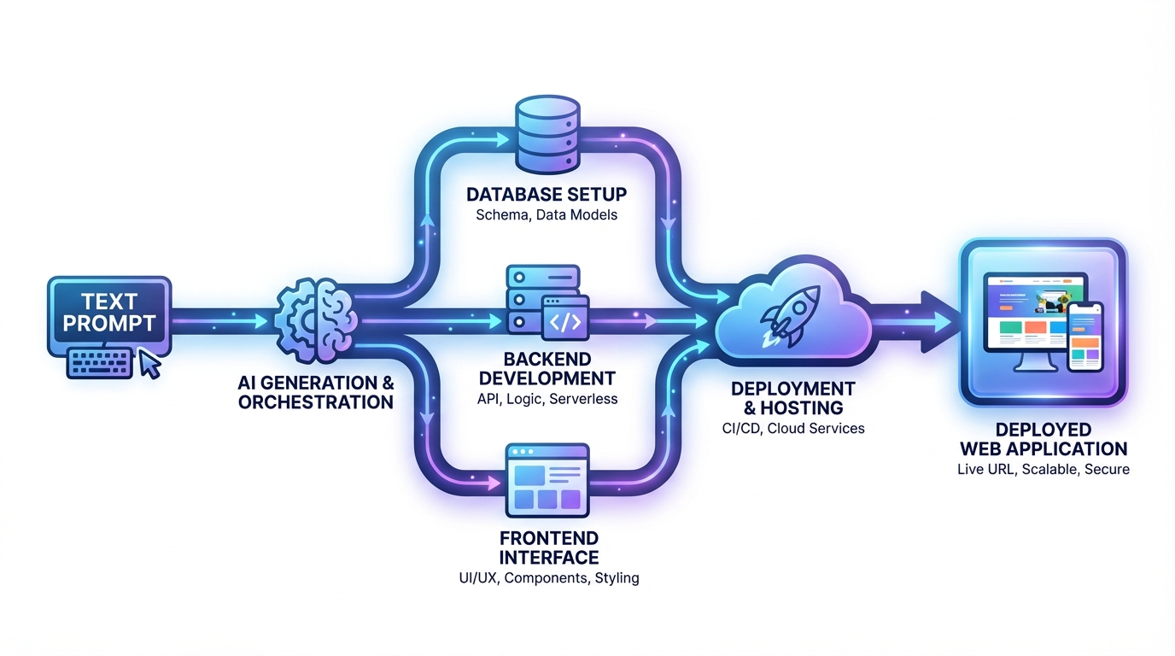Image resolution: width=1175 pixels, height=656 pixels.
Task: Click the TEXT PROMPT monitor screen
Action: (108, 313)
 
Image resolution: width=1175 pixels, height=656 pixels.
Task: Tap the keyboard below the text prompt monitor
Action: (101, 362)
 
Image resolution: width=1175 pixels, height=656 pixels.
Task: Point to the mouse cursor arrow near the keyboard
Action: (150, 365)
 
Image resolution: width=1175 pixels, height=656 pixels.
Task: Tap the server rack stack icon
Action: (524, 298)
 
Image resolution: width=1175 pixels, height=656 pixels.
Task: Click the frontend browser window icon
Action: (547, 480)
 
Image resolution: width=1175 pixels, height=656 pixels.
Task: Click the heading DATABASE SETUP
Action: (547, 195)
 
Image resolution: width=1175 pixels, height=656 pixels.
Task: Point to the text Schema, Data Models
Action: (547, 214)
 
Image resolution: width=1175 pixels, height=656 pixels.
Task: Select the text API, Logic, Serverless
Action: (547, 399)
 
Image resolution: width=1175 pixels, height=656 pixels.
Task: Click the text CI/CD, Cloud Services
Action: (792, 428)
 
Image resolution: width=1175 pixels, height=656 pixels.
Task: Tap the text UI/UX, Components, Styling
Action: (548, 578)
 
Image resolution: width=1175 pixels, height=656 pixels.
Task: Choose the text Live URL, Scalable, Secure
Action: (1043, 469)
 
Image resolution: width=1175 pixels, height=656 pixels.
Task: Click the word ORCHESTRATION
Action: (316, 402)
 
